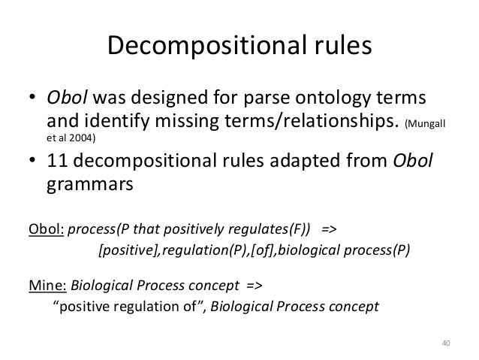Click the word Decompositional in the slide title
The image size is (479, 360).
[x=197, y=46]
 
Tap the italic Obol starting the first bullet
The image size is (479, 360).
[x=65, y=99]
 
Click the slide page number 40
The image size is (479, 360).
[x=444, y=344]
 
